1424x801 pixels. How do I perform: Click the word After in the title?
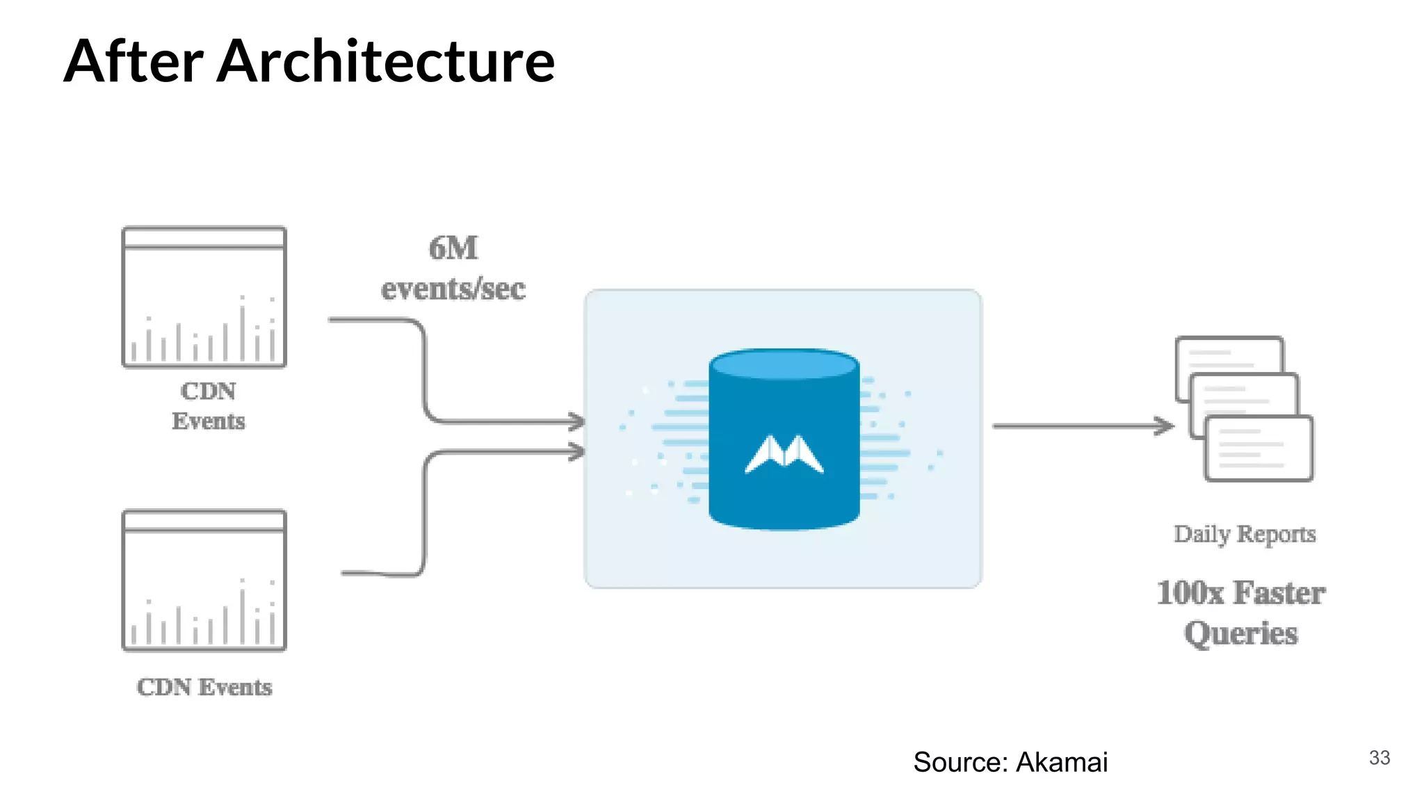[133, 61]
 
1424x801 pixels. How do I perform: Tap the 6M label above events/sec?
[453, 248]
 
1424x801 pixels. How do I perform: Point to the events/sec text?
[453, 289]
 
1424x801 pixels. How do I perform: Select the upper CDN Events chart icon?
[204, 297]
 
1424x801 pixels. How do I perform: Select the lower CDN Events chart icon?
[204, 581]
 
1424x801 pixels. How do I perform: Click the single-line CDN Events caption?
[204, 687]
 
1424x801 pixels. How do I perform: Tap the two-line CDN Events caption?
[208, 406]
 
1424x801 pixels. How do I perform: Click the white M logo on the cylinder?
[784, 455]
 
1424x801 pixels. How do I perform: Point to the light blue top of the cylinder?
[784, 364]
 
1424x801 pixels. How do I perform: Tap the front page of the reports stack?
[1259, 448]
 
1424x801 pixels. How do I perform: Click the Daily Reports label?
[1245, 534]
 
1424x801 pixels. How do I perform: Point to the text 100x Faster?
[1241, 593]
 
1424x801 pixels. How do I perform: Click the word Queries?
[1241, 633]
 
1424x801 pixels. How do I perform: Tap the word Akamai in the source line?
[1061, 762]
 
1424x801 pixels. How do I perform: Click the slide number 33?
[1379, 758]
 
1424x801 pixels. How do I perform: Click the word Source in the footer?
[960, 762]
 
